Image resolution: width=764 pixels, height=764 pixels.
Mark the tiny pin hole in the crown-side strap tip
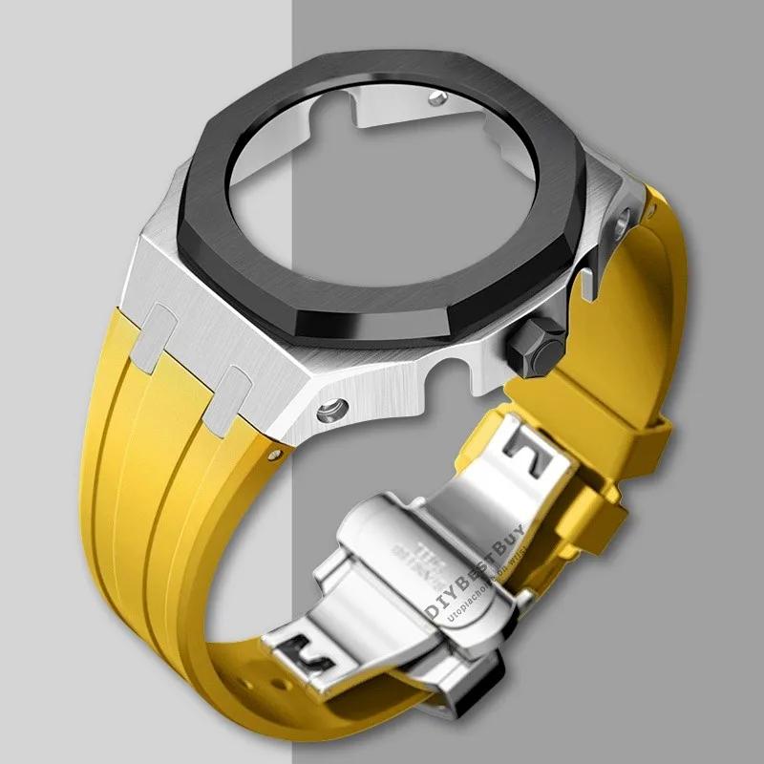tap(648, 207)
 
